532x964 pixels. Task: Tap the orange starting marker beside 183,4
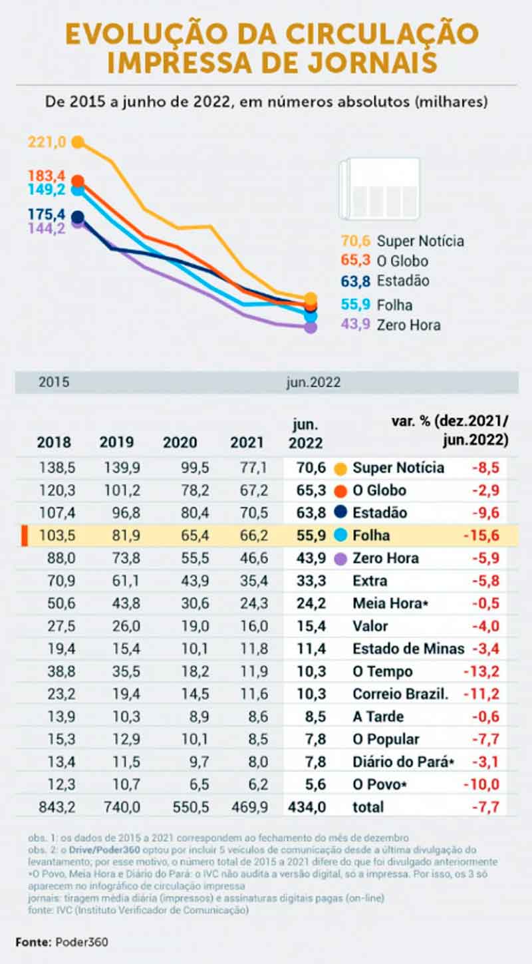[x=78, y=181]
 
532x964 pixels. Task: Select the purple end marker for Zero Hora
[x=311, y=327]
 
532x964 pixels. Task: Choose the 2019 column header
[x=116, y=442]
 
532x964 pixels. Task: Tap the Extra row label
[x=370, y=581]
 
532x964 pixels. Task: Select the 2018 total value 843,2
[x=57, y=807]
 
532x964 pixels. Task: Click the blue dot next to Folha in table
[x=340, y=536]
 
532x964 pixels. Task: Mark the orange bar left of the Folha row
[x=24, y=536]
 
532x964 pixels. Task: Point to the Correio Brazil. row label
[x=400, y=694]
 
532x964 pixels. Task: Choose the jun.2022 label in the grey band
[x=313, y=383]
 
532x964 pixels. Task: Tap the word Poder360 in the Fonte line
[x=82, y=942]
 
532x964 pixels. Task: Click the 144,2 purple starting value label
[x=46, y=228]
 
